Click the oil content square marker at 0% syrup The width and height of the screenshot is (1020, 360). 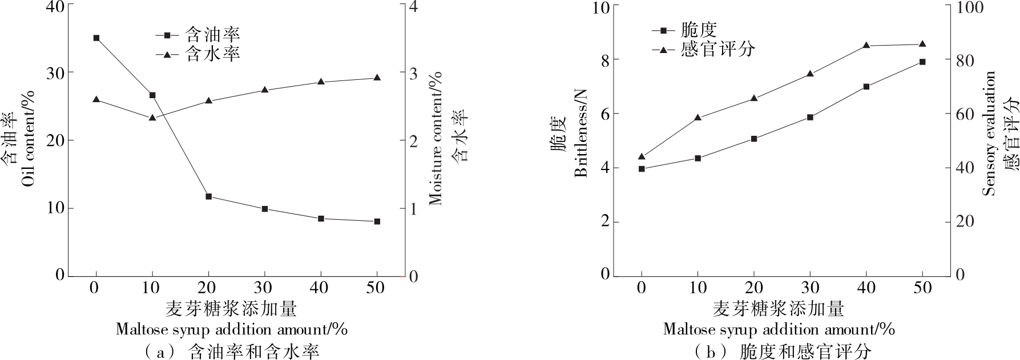tap(96, 38)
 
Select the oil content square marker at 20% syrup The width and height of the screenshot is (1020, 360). tap(208, 196)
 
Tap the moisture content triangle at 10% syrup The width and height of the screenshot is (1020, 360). tap(152, 118)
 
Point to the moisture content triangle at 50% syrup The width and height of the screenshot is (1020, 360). tap(377, 77)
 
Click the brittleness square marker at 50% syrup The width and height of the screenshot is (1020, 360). tap(922, 62)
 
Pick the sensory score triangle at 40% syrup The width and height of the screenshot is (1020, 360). tap(866, 45)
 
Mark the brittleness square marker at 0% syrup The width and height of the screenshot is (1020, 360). tap(642, 169)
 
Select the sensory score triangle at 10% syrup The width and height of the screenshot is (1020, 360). tap(698, 117)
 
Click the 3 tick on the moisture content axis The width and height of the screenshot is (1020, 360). tap(412, 73)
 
